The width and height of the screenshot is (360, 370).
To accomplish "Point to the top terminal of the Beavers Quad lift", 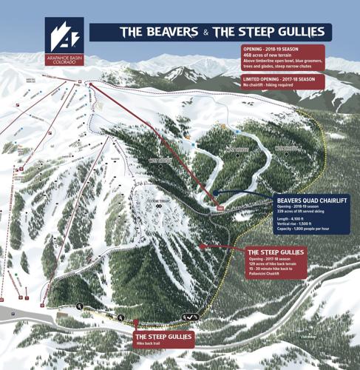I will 92,85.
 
